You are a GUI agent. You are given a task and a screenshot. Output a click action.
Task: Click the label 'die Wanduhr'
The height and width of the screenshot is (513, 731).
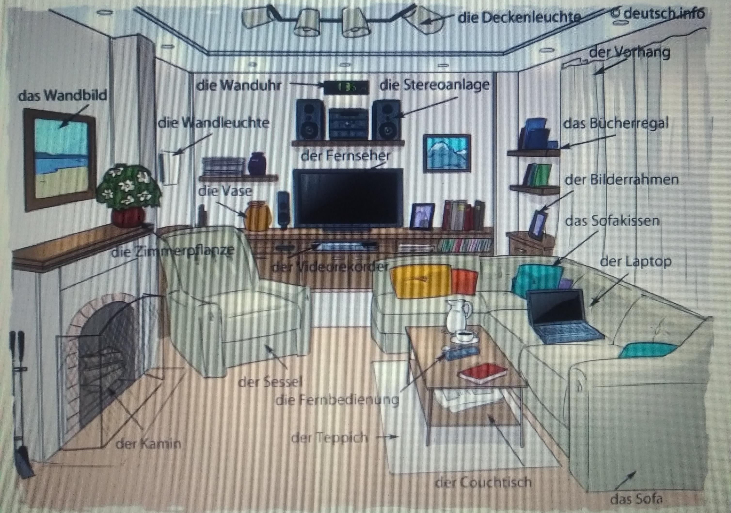pyautogui.click(x=239, y=85)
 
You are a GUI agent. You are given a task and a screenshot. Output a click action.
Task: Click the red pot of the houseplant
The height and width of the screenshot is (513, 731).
pyautogui.click(x=128, y=216)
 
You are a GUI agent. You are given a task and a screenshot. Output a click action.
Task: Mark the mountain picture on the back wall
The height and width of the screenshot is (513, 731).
pyautogui.click(x=446, y=153)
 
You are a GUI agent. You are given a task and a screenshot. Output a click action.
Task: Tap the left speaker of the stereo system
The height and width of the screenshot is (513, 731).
pyautogui.click(x=310, y=120)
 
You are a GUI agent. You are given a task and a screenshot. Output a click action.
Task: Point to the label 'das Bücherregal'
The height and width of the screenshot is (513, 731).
pyautogui.click(x=615, y=123)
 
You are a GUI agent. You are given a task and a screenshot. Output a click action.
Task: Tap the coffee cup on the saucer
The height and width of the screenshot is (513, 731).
pyautogui.click(x=465, y=335)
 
